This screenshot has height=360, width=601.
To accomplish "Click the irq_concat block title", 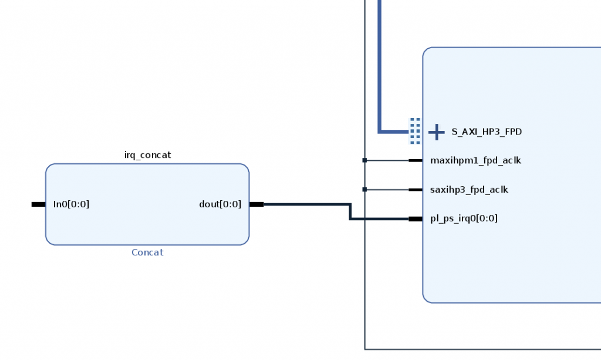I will click(147, 155).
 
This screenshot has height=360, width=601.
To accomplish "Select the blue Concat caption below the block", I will click(147, 253).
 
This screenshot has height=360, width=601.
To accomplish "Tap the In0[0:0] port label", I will click(71, 204).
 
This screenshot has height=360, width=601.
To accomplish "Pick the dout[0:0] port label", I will click(220, 204).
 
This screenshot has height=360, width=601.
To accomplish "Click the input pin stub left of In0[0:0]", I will click(38, 204).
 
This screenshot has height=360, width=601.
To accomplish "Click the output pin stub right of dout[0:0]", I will click(256, 204).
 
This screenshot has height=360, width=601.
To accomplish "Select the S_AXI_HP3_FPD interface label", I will click(487, 132).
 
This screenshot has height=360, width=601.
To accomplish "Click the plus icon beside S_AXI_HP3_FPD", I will click(436, 132).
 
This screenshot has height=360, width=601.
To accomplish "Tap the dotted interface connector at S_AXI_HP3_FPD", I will click(415, 131).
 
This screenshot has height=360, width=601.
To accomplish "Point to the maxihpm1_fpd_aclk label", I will click(475, 160).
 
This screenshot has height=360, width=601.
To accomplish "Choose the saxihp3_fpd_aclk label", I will click(469, 190).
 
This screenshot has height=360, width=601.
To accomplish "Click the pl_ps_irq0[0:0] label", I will click(464, 218).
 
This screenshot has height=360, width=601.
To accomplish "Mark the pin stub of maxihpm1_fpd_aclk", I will click(416, 160).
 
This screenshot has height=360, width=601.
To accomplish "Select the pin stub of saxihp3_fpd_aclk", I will click(416, 190).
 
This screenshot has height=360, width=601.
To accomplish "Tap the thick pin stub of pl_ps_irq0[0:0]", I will click(416, 219).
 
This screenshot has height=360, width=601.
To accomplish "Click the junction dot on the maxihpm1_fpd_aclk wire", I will click(364, 160).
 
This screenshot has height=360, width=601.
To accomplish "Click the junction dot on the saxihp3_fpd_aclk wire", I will click(364, 190).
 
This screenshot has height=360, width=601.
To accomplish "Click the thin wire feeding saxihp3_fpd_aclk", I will click(387, 190).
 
